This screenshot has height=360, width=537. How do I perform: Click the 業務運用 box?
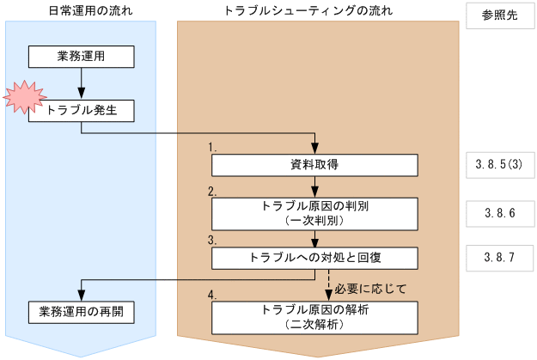click(81, 57)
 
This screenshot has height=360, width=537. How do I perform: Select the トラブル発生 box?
click(81, 109)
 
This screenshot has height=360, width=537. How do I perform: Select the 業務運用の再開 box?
click(81, 311)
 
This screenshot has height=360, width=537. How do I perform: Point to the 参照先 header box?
click(499, 15)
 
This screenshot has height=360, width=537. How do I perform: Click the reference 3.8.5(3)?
click(499, 164)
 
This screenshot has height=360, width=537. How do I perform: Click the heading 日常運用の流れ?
click(81, 10)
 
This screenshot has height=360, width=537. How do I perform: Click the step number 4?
click(212, 295)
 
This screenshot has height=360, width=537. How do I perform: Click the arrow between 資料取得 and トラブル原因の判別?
click(316, 186)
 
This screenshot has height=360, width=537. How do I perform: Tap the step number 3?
click(212, 240)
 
